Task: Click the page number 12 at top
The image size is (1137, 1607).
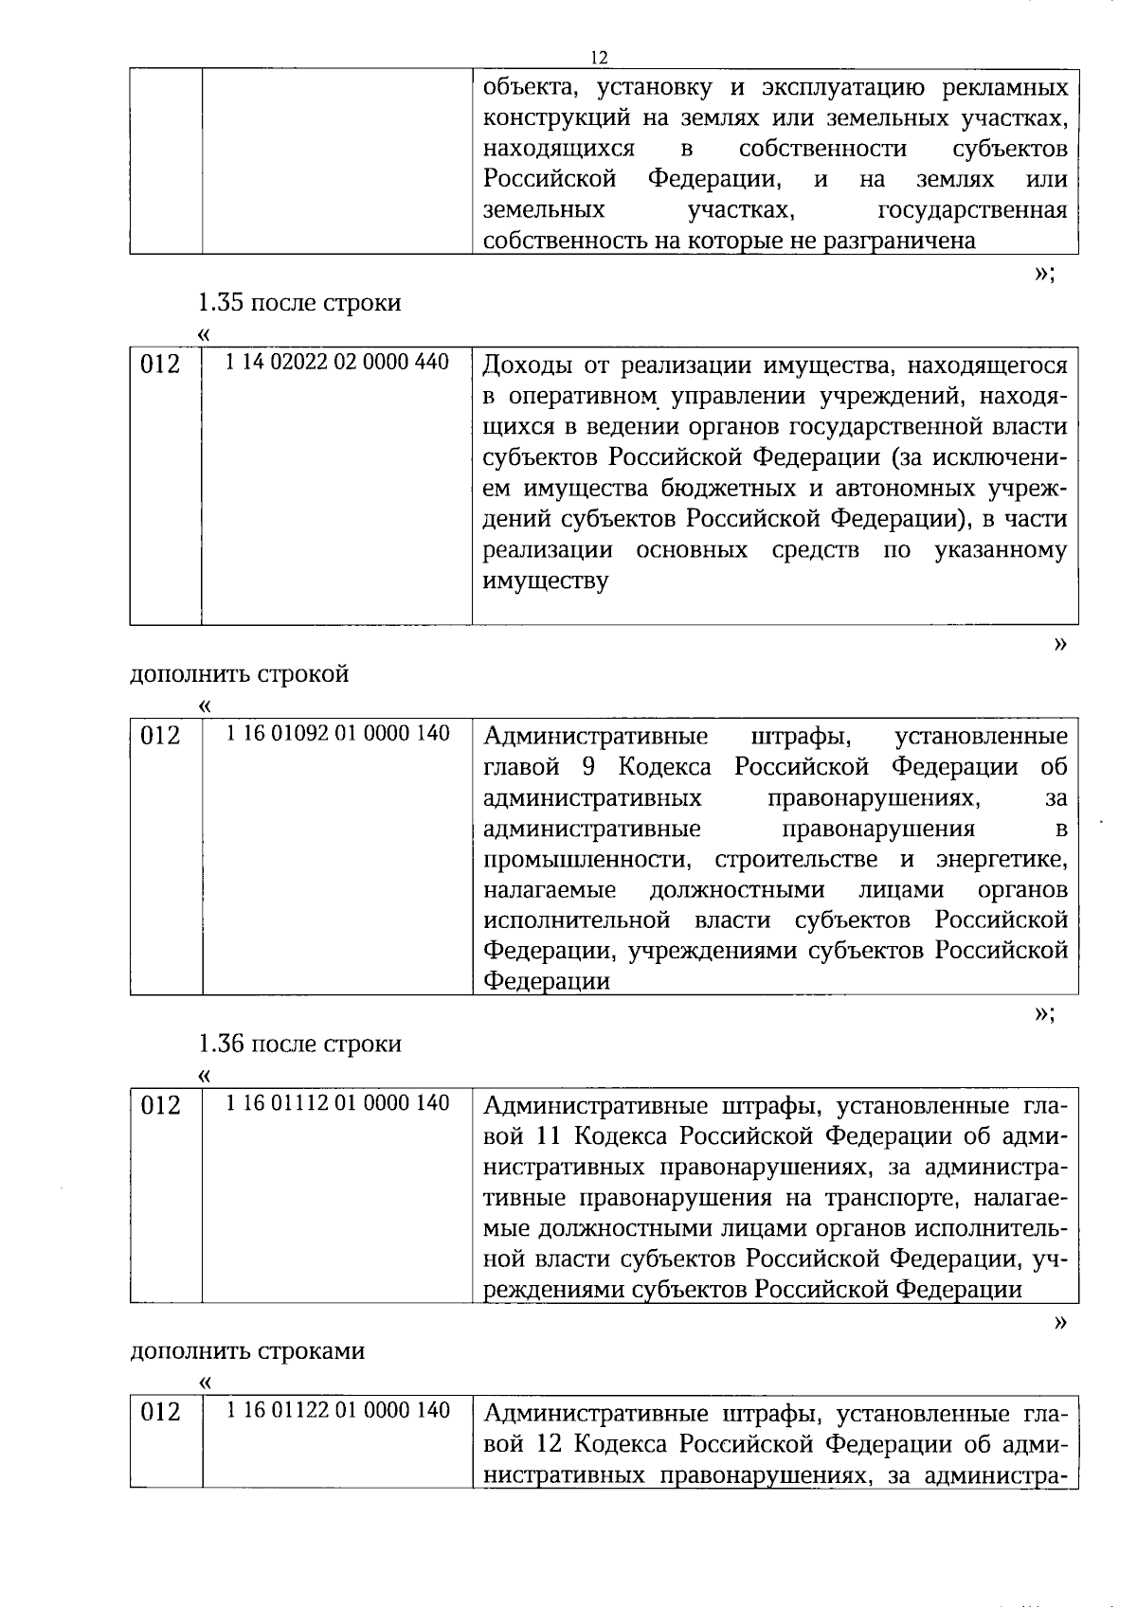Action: click(x=598, y=57)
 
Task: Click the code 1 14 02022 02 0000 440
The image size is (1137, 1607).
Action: click(x=337, y=362)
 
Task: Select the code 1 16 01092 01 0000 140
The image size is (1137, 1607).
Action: click(x=337, y=733)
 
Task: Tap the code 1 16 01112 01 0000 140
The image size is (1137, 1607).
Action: click(x=337, y=1102)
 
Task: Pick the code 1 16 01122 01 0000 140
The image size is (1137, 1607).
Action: click(x=337, y=1410)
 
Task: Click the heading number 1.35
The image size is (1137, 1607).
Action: click(x=221, y=303)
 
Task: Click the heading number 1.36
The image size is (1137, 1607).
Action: click(x=221, y=1044)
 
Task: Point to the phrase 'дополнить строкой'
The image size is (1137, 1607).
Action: click(x=239, y=673)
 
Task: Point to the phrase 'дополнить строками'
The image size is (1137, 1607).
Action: click(x=246, y=1350)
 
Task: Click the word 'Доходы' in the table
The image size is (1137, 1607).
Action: click(x=526, y=366)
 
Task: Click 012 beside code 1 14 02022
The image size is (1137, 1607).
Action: click(x=160, y=365)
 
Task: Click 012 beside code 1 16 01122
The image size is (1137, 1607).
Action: click(x=160, y=1413)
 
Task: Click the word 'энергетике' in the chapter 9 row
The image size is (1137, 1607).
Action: click(x=1002, y=860)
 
